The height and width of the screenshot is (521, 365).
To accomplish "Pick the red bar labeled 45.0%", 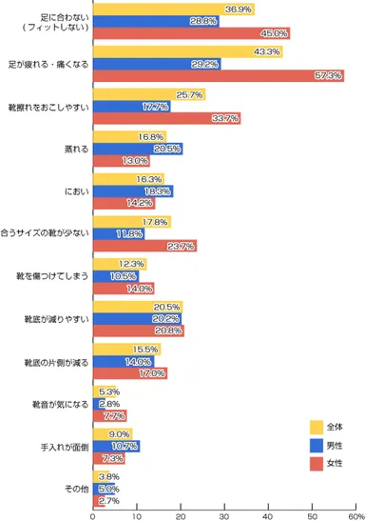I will [190, 33].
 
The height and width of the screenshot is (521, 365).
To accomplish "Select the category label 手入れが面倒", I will [63, 446].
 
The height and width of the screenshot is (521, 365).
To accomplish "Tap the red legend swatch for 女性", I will [316, 464].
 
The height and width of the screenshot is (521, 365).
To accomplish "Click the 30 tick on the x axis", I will [224, 514].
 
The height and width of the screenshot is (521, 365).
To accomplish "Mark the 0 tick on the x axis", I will [92, 514].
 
